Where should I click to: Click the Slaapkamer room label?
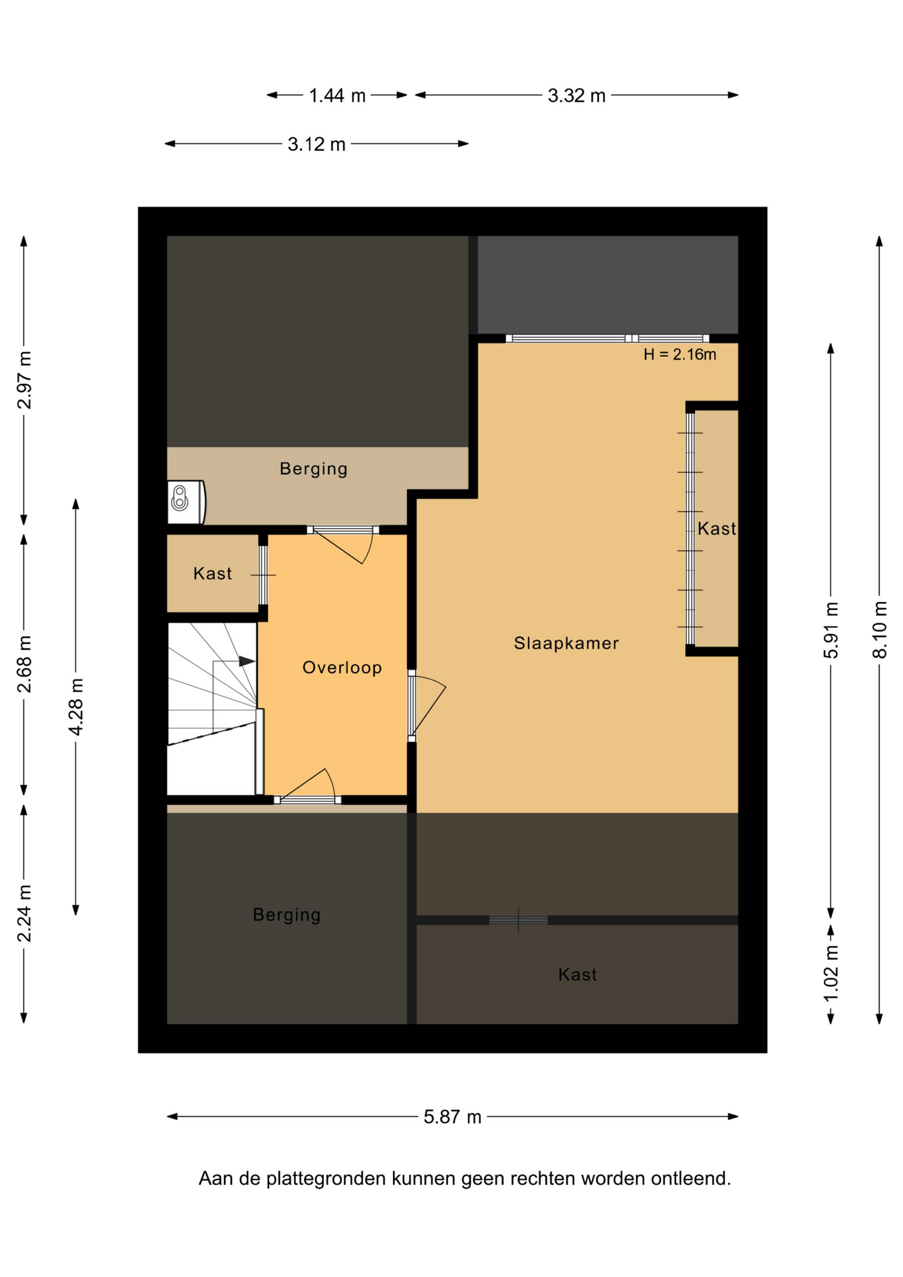pos(566,643)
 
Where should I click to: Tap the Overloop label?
pos(342,668)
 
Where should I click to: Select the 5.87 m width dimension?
pos(452,1117)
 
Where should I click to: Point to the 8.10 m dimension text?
pos(879,629)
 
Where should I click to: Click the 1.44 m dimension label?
pos(337,96)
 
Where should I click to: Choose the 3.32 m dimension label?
pos(577,96)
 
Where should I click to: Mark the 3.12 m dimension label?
pos(317,144)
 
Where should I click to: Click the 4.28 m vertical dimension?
pos(76,707)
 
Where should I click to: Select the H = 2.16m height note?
pos(680,355)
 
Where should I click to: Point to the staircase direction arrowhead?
pos(247,661)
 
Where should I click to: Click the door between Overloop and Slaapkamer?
pos(426,706)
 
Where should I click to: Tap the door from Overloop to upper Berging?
pos(343,545)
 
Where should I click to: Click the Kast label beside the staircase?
pos(213,573)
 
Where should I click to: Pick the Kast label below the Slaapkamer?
pos(577,974)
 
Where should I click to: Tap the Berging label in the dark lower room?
pos(287,915)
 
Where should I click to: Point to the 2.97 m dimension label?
pos(24,380)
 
